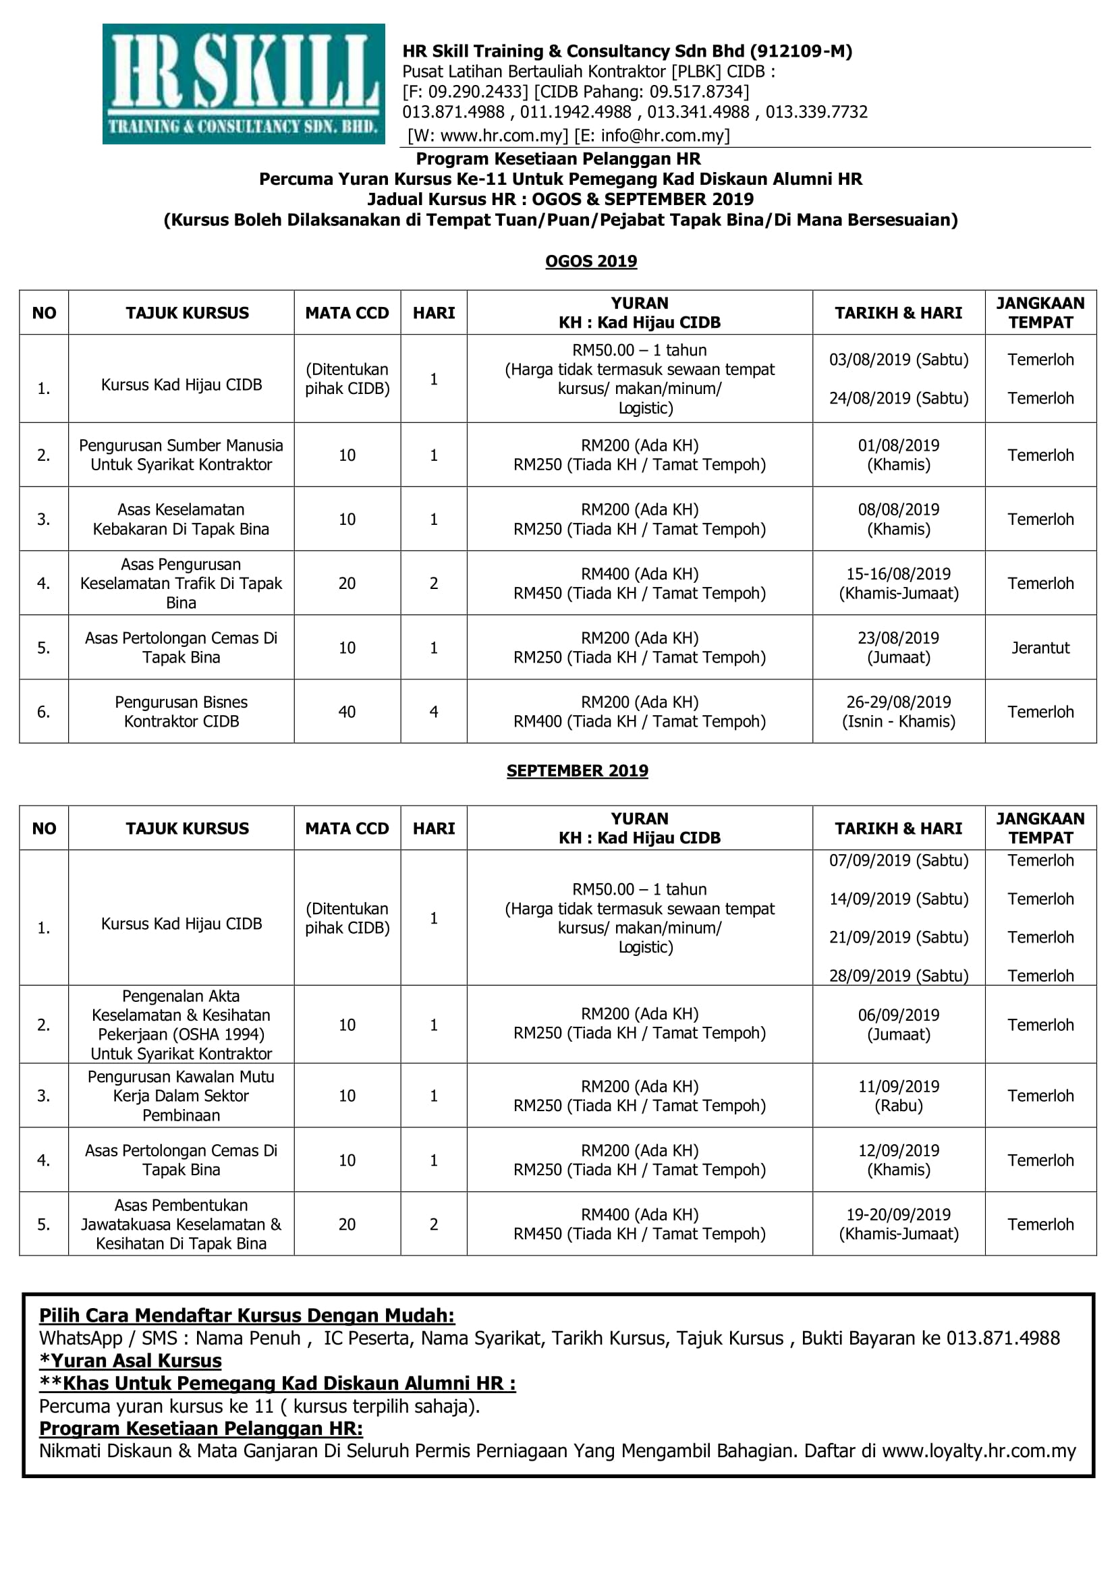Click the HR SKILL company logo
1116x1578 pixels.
coord(244,84)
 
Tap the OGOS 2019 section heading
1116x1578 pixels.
coord(591,261)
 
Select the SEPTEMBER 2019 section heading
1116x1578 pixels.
coord(578,770)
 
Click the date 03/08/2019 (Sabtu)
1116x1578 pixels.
coord(898,360)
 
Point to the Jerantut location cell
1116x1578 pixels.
coord(1040,648)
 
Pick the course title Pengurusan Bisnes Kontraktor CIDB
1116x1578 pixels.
coord(182,711)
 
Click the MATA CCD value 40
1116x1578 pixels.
coord(347,712)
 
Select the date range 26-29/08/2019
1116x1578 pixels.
coord(898,702)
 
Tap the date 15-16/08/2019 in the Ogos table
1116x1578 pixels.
coord(898,574)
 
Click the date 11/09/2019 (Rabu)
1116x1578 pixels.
coord(898,1087)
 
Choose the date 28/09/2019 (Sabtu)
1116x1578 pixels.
coord(898,976)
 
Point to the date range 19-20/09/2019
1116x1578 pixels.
coord(898,1214)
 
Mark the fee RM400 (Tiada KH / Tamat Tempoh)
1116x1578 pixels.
coord(639,722)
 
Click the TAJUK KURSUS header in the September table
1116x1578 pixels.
coord(187,828)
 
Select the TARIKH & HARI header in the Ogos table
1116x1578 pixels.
coord(898,313)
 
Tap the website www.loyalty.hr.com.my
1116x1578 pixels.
coord(978,1451)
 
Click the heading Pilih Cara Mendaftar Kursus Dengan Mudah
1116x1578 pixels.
coord(247,1316)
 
